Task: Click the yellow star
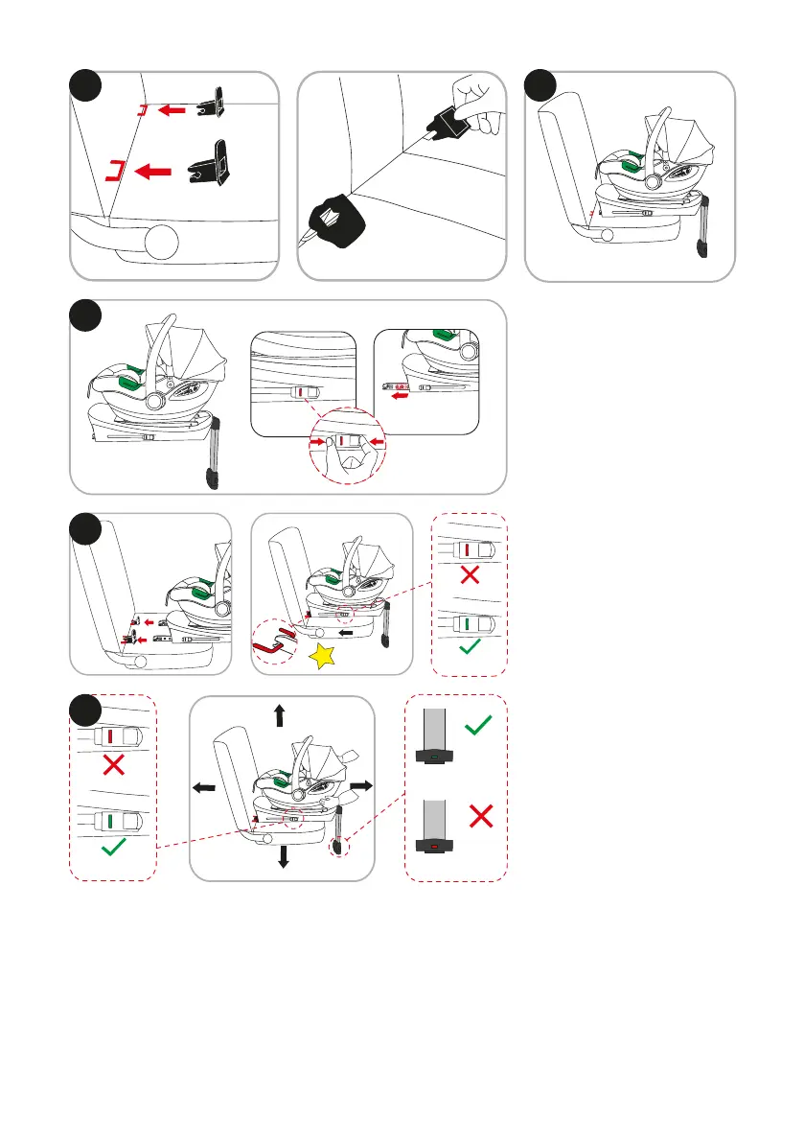click(324, 656)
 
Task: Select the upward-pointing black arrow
click(280, 715)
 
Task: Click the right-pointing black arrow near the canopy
click(360, 783)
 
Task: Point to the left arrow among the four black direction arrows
click(204, 787)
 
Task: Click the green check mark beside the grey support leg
click(479, 729)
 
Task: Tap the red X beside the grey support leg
click(481, 817)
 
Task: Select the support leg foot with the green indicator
click(436, 755)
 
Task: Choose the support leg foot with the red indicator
click(436, 844)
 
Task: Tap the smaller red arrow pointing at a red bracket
click(172, 111)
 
